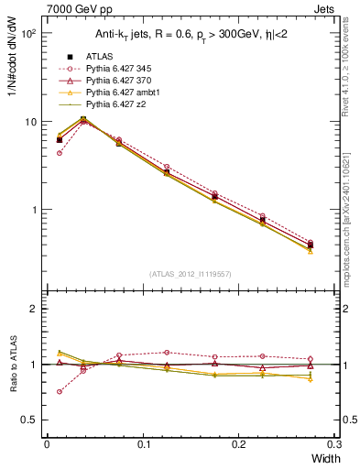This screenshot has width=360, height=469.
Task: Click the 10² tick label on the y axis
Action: coord(27,34)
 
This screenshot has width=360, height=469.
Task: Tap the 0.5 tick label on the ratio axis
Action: coord(29,420)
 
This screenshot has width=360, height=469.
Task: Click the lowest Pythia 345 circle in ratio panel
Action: coord(60,391)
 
